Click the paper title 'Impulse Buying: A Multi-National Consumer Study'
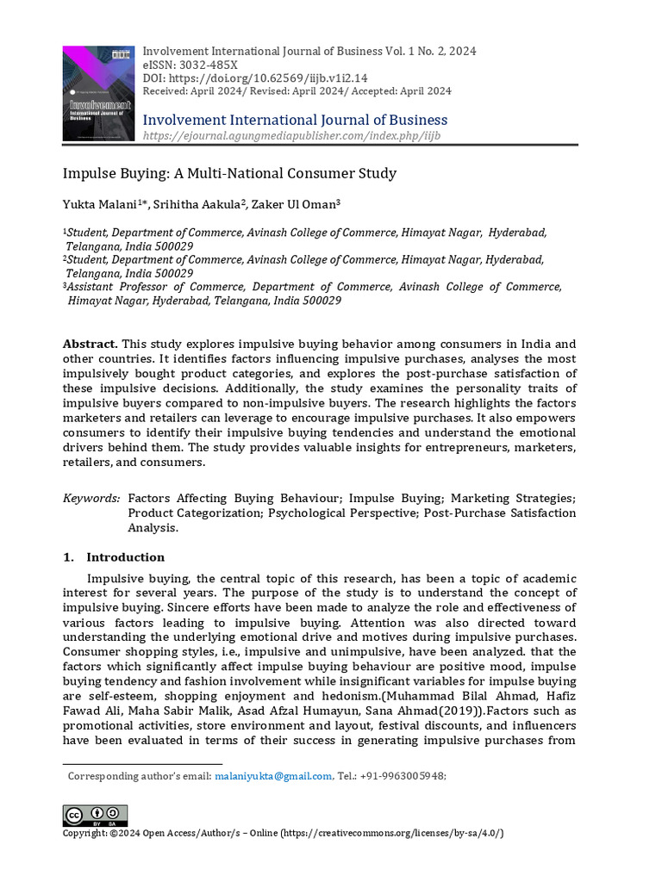(229, 173)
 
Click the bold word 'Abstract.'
(91, 344)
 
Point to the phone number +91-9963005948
(406, 776)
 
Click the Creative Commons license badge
(95, 815)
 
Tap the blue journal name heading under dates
(295, 120)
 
